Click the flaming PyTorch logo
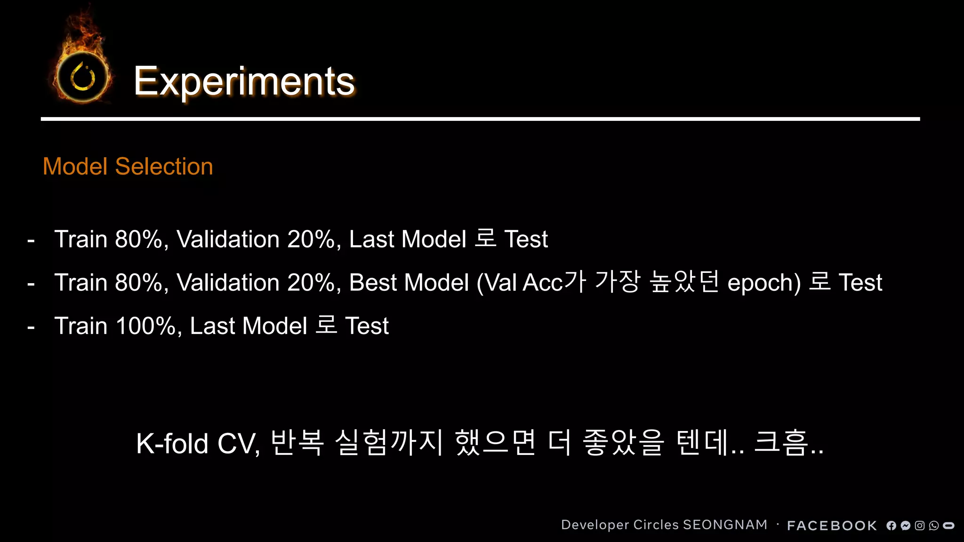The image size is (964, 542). click(x=83, y=75)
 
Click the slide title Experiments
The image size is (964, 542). click(x=244, y=81)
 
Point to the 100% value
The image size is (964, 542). click(x=145, y=326)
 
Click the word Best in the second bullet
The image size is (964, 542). click(x=373, y=283)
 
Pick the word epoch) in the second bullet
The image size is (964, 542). click(x=764, y=283)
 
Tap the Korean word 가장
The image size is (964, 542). click(x=617, y=282)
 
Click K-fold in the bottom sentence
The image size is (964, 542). click(x=172, y=444)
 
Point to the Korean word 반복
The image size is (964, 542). click(x=297, y=443)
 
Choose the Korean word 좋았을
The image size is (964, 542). click(x=623, y=443)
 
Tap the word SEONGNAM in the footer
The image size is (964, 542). click(x=725, y=525)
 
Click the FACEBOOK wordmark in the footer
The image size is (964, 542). click(x=832, y=526)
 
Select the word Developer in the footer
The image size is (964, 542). click(x=595, y=525)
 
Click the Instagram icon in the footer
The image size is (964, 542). click(x=919, y=526)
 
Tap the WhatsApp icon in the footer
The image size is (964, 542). click(x=934, y=526)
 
